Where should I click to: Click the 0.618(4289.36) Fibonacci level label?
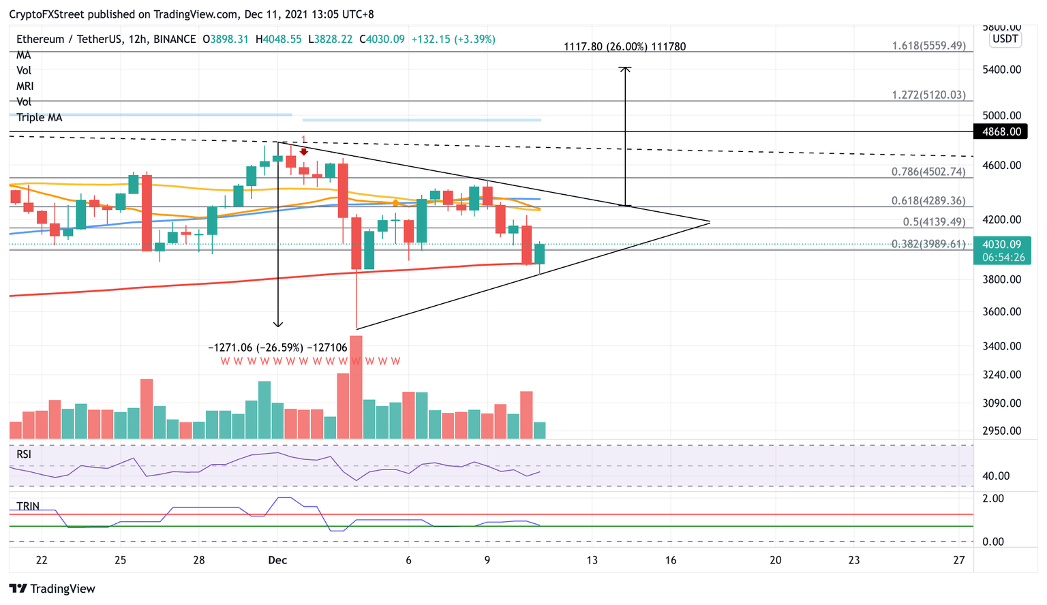pyautogui.click(x=928, y=201)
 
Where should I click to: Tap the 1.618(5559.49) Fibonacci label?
pyautogui.click(x=928, y=46)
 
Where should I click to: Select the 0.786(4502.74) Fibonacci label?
pyautogui.click(x=928, y=172)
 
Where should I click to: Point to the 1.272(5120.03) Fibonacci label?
pyautogui.click(x=928, y=95)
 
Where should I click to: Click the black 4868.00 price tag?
pyautogui.click(x=1001, y=131)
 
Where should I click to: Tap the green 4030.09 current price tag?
pyautogui.click(x=1001, y=245)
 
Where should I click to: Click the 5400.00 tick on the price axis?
pyautogui.click(x=1001, y=69)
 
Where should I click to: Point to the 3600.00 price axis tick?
pyautogui.click(x=1001, y=311)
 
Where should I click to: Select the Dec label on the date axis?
pyautogui.click(x=277, y=560)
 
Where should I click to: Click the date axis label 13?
pyautogui.click(x=592, y=560)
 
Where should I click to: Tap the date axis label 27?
pyautogui.click(x=959, y=560)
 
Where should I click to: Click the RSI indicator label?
pyautogui.click(x=24, y=454)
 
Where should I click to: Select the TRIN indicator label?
pyautogui.click(x=28, y=506)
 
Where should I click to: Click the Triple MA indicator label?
pyautogui.click(x=40, y=117)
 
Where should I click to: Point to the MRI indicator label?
pyautogui.click(x=25, y=86)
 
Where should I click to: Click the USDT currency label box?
pyautogui.click(x=1005, y=39)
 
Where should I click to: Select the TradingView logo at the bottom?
pyautogui.click(x=52, y=589)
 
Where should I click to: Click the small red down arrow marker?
pyautogui.click(x=304, y=151)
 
